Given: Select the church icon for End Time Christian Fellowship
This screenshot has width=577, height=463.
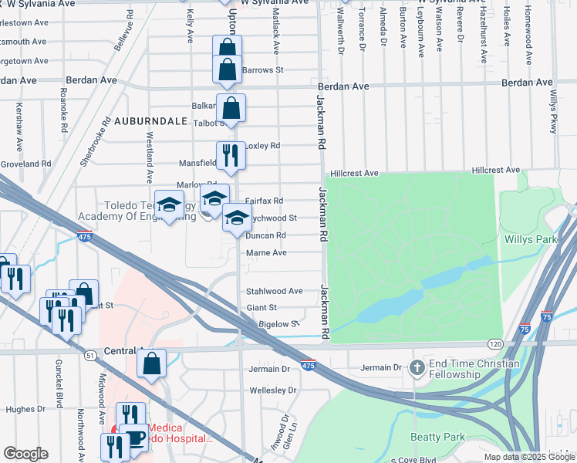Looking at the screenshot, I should click(417, 367).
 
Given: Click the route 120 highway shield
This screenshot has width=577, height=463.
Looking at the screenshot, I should click(494, 342).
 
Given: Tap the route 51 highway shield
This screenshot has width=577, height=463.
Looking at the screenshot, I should click(90, 355).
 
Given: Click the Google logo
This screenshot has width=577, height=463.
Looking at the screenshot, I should click(25, 454).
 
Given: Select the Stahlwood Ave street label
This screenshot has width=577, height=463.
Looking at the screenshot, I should click(274, 291).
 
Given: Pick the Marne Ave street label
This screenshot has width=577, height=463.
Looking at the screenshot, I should click(266, 252).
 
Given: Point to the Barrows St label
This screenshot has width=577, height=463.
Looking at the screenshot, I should click(263, 70).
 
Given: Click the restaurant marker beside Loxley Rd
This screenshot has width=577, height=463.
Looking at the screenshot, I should click(231, 156).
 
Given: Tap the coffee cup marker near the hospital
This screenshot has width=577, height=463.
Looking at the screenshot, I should click(135, 438).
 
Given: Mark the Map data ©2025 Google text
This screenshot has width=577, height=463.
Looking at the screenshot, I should click(528, 457).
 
